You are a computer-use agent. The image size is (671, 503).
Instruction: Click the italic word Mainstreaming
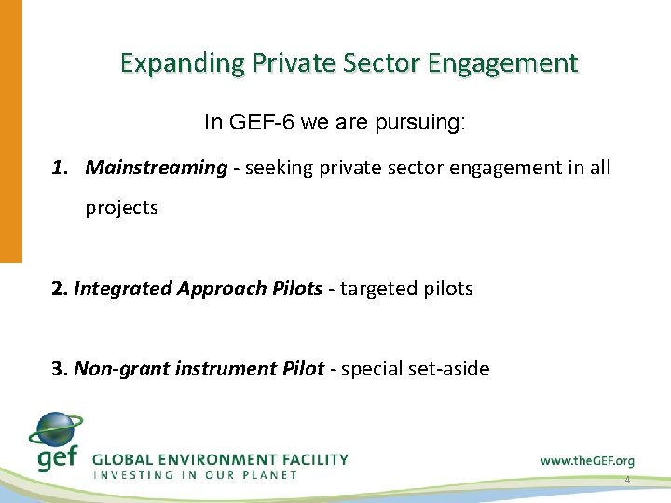point(157,168)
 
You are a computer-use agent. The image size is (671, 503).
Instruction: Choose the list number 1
point(60,168)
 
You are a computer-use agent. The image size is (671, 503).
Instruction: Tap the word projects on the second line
point(122,208)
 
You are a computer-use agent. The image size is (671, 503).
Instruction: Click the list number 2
point(60,289)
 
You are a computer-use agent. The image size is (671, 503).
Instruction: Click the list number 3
point(60,369)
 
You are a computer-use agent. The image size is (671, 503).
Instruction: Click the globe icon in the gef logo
point(57,431)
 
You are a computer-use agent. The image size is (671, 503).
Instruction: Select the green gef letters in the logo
point(56,457)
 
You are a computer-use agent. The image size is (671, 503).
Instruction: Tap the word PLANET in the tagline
point(271,475)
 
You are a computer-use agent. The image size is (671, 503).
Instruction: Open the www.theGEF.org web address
point(587,460)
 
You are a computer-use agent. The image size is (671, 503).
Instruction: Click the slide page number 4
point(627,480)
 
